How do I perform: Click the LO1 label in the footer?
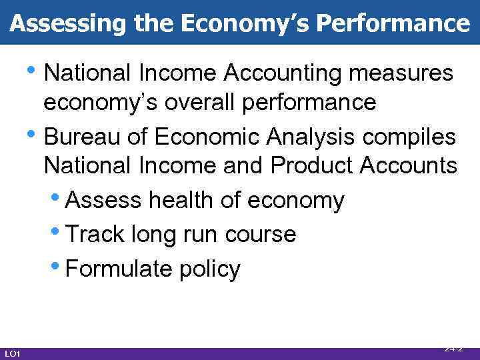tap(12, 353)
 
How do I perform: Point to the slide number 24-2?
tap(453, 348)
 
